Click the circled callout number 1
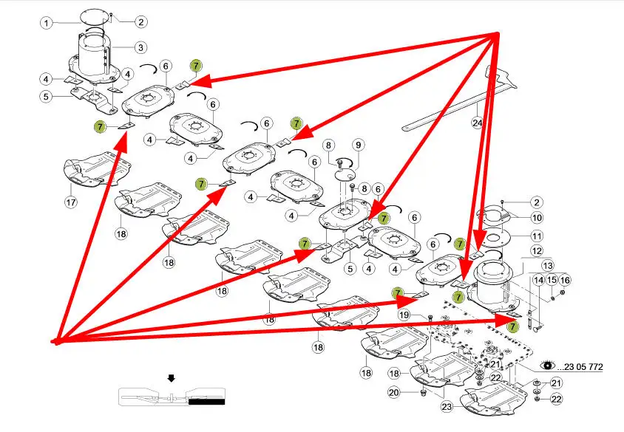click(x=46, y=23)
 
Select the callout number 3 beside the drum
click(x=140, y=47)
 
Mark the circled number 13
click(x=548, y=266)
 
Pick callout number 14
click(x=538, y=280)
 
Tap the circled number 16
click(x=565, y=280)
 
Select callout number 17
click(x=71, y=202)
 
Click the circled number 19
click(x=404, y=315)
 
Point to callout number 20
click(x=394, y=392)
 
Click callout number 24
click(x=478, y=123)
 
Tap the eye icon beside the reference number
click(x=548, y=365)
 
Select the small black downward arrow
click(x=172, y=379)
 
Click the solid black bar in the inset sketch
click(x=206, y=402)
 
